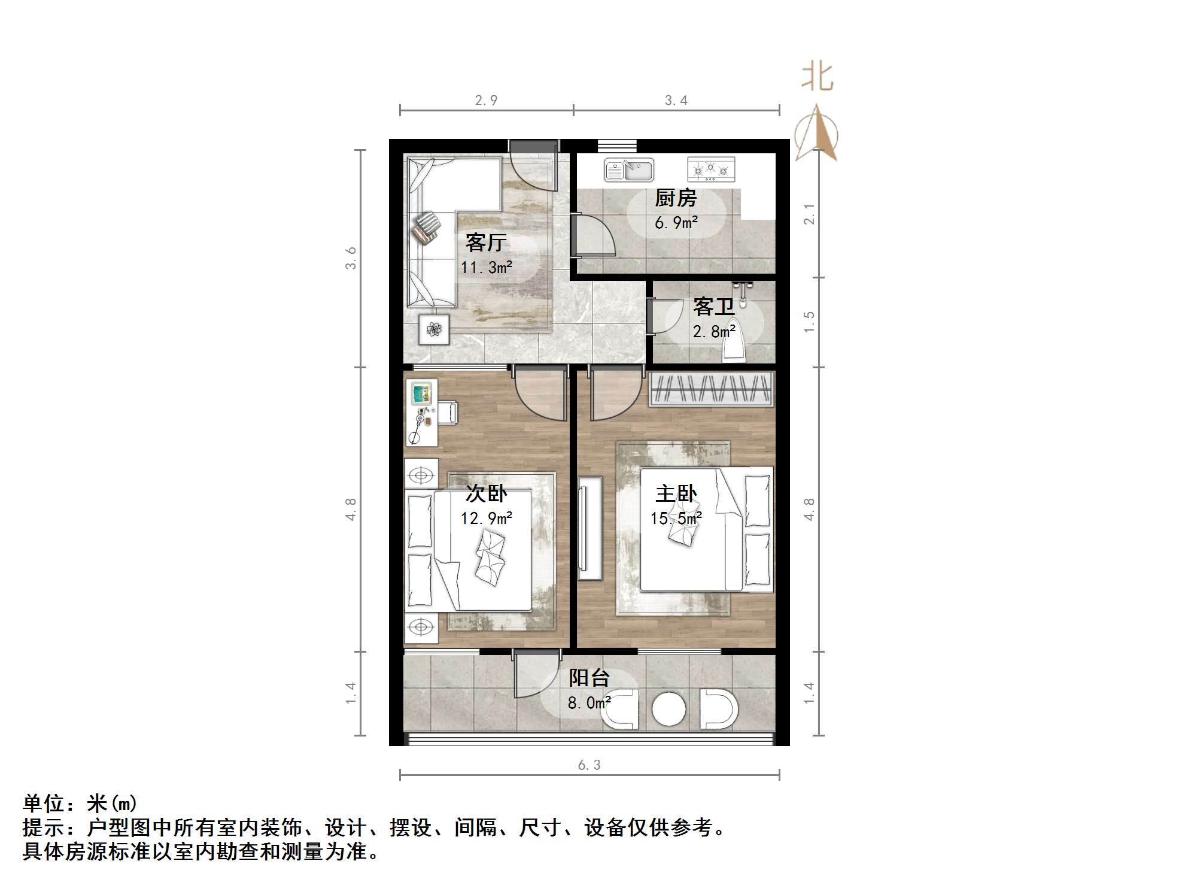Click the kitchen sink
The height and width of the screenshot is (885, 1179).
pyautogui.click(x=628, y=170)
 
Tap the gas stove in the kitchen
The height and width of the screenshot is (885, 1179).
pyautogui.click(x=710, y=170)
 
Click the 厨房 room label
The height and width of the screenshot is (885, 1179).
pyautogui.click(x=676, y=198)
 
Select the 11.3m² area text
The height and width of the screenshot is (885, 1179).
pyautogui.click(x=486, y=268)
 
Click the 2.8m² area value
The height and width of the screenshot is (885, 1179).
pyautogui.click(x=713, y=331)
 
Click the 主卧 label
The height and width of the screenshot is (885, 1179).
pyautogui.click(x=676, y=494)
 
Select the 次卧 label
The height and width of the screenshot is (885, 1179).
pyautogui.click(x=486, y=494)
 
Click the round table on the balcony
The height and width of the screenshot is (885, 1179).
pyautogui.click(x=669, y=710)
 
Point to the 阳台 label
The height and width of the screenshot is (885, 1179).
pyautogui.click(x=589, y=678)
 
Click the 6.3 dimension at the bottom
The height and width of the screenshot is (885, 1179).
pyautogui.click(x=589, y=765)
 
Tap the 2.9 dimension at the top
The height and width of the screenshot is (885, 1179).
pyautogui.click(x=486, y=100)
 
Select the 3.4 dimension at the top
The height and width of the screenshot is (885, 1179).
pyautogui.click(x=676, y=100)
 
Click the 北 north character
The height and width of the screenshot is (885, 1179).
pyautogui.click(x=818, y=77)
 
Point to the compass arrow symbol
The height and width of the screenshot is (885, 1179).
pyautogui.click(x=816, y=135)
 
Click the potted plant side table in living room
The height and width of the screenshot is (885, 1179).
pyautogui.click(x=434, y=329)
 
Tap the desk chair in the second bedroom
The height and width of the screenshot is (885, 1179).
pyautogui.click(x=448, y=413)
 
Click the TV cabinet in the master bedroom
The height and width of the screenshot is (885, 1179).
pyautogui.click(x=590, y=528)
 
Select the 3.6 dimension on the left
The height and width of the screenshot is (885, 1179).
pyautogui.click(x=351, y=258)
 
